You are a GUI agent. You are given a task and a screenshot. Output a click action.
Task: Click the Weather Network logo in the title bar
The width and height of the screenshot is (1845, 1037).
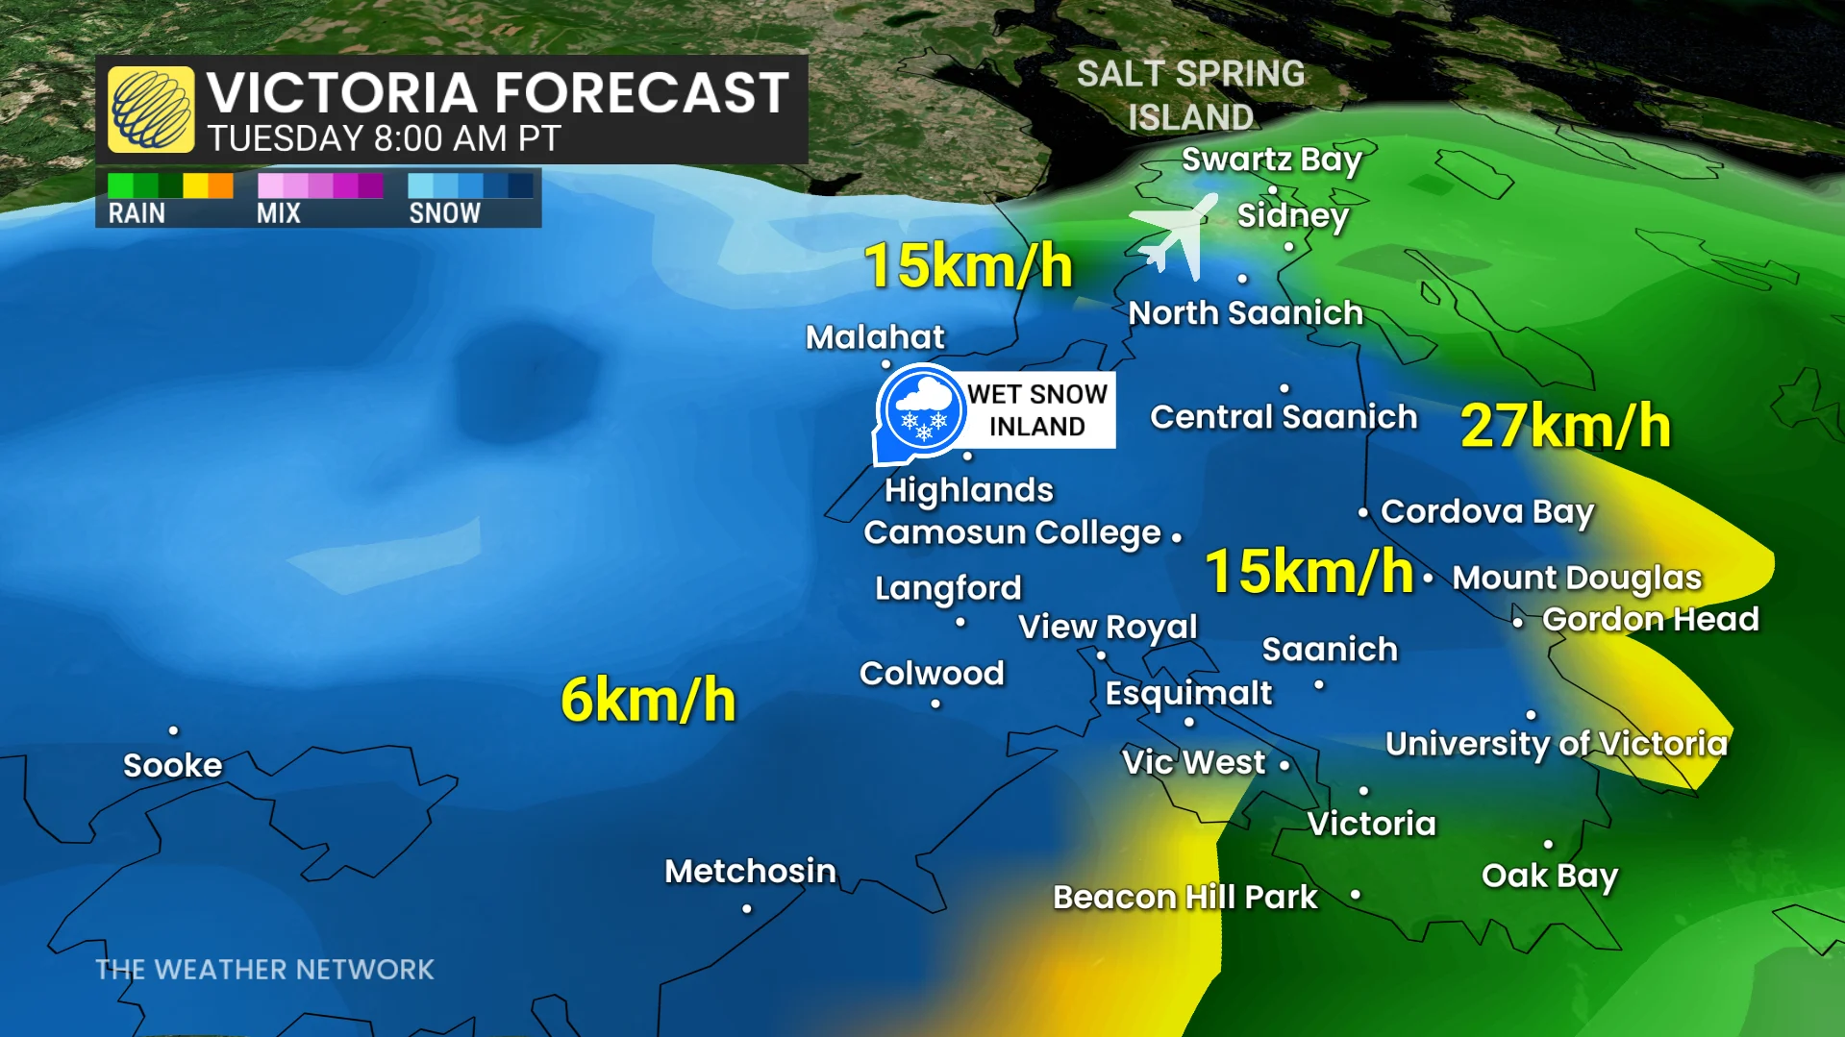pyautogui.click(x=151, y=110)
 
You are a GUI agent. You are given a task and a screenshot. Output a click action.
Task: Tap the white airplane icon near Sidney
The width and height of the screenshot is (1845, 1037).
pyautogui.click(x=1175, y=235)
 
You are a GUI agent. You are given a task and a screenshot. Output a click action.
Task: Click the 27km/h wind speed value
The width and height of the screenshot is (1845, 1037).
pyautogui.click(x=1565, y=426)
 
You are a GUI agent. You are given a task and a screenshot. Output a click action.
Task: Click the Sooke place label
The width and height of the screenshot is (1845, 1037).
pyautogui.click(x=173, y=765)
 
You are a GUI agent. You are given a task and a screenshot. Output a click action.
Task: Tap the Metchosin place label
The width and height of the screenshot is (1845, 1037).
pyautogui.click(x=750, y=871)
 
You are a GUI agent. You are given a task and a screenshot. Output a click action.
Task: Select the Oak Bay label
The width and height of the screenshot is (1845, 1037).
pyautogui.click(x=1550, y=876)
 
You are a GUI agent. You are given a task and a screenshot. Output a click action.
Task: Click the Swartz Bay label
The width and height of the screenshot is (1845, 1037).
pyautogui.click(x=1271, y=160)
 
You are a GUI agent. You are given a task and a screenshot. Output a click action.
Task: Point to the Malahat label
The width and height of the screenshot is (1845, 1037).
pyautogui.click(x=875, y=336)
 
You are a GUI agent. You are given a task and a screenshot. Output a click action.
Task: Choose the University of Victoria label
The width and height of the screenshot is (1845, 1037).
pyautogui.click(x=1557, y=743)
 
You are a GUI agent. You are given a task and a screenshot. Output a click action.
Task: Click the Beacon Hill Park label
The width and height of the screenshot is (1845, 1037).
pyautogui.click(x=1184, y=897)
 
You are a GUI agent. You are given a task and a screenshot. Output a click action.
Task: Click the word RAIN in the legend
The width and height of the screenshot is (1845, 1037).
pyautogui.click(x=137, y=213)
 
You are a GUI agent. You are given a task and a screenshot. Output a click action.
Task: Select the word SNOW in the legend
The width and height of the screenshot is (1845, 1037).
pyautogui.click(x=444, y=213)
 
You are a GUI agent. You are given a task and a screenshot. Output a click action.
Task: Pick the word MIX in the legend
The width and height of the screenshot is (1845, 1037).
pyautogui.click(x=279, y=213)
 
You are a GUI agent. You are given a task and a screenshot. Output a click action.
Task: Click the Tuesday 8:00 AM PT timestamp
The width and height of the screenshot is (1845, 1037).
pyautogui.click(x=384, y=139)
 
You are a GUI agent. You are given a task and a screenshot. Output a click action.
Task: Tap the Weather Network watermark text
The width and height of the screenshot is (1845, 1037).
pyautogui.click(x=264, y=969)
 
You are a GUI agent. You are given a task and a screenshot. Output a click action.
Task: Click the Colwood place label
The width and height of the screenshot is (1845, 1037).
pyautogui.click(x=932, y=673)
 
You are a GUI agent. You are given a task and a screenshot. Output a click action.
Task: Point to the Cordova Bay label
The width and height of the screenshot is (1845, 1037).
pyautogui.click(x=1486, y=511)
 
